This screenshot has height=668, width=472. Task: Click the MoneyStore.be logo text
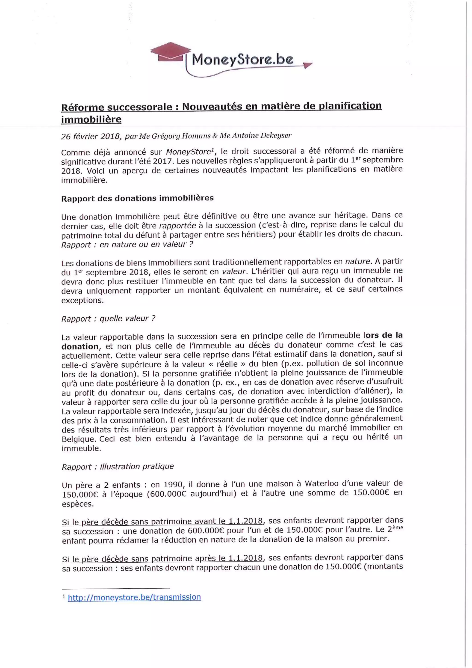[x=243, y=60]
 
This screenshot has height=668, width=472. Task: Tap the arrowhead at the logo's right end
[x=308, y=66]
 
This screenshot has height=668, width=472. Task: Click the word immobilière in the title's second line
[x=91, y=119]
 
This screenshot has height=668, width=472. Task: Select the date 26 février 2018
[x=90, y=136]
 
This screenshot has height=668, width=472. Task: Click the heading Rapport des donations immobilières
[x=137, y=198]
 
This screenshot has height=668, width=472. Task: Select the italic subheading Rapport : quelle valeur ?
[x=108, y=318]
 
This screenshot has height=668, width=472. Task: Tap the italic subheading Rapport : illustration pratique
[x=118, y=466]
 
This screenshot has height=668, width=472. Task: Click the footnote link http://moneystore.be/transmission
[x=134, y=597]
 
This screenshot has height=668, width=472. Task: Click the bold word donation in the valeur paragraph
[x=80, y=346]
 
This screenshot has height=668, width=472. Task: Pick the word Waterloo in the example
[x=322, y=483]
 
